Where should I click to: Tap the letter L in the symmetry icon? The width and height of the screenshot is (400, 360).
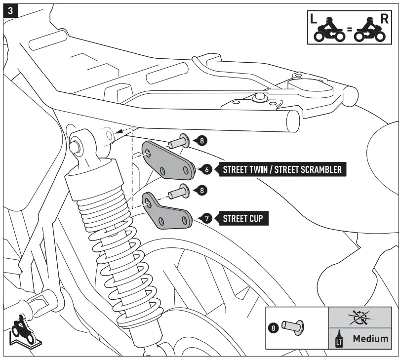pyautogui.click(x=313, y=19)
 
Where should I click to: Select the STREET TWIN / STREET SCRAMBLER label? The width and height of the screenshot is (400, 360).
pyautogui.click(x=282, y=169)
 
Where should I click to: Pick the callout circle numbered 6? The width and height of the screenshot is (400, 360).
pyautogui.click(x=207, y=169)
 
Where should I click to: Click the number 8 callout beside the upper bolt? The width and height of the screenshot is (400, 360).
pyautogui.click(x=202, y=141)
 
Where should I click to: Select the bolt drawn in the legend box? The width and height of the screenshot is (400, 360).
pyautogui.click(x=293, y=326)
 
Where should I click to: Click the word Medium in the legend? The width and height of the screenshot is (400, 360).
pyautogui.click(x=370, y=339)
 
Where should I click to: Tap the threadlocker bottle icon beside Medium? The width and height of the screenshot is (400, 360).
pyautogui.click(x=339, y=339)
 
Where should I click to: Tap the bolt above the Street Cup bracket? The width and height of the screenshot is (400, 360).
pyautogui.click(x=179, y=191)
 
